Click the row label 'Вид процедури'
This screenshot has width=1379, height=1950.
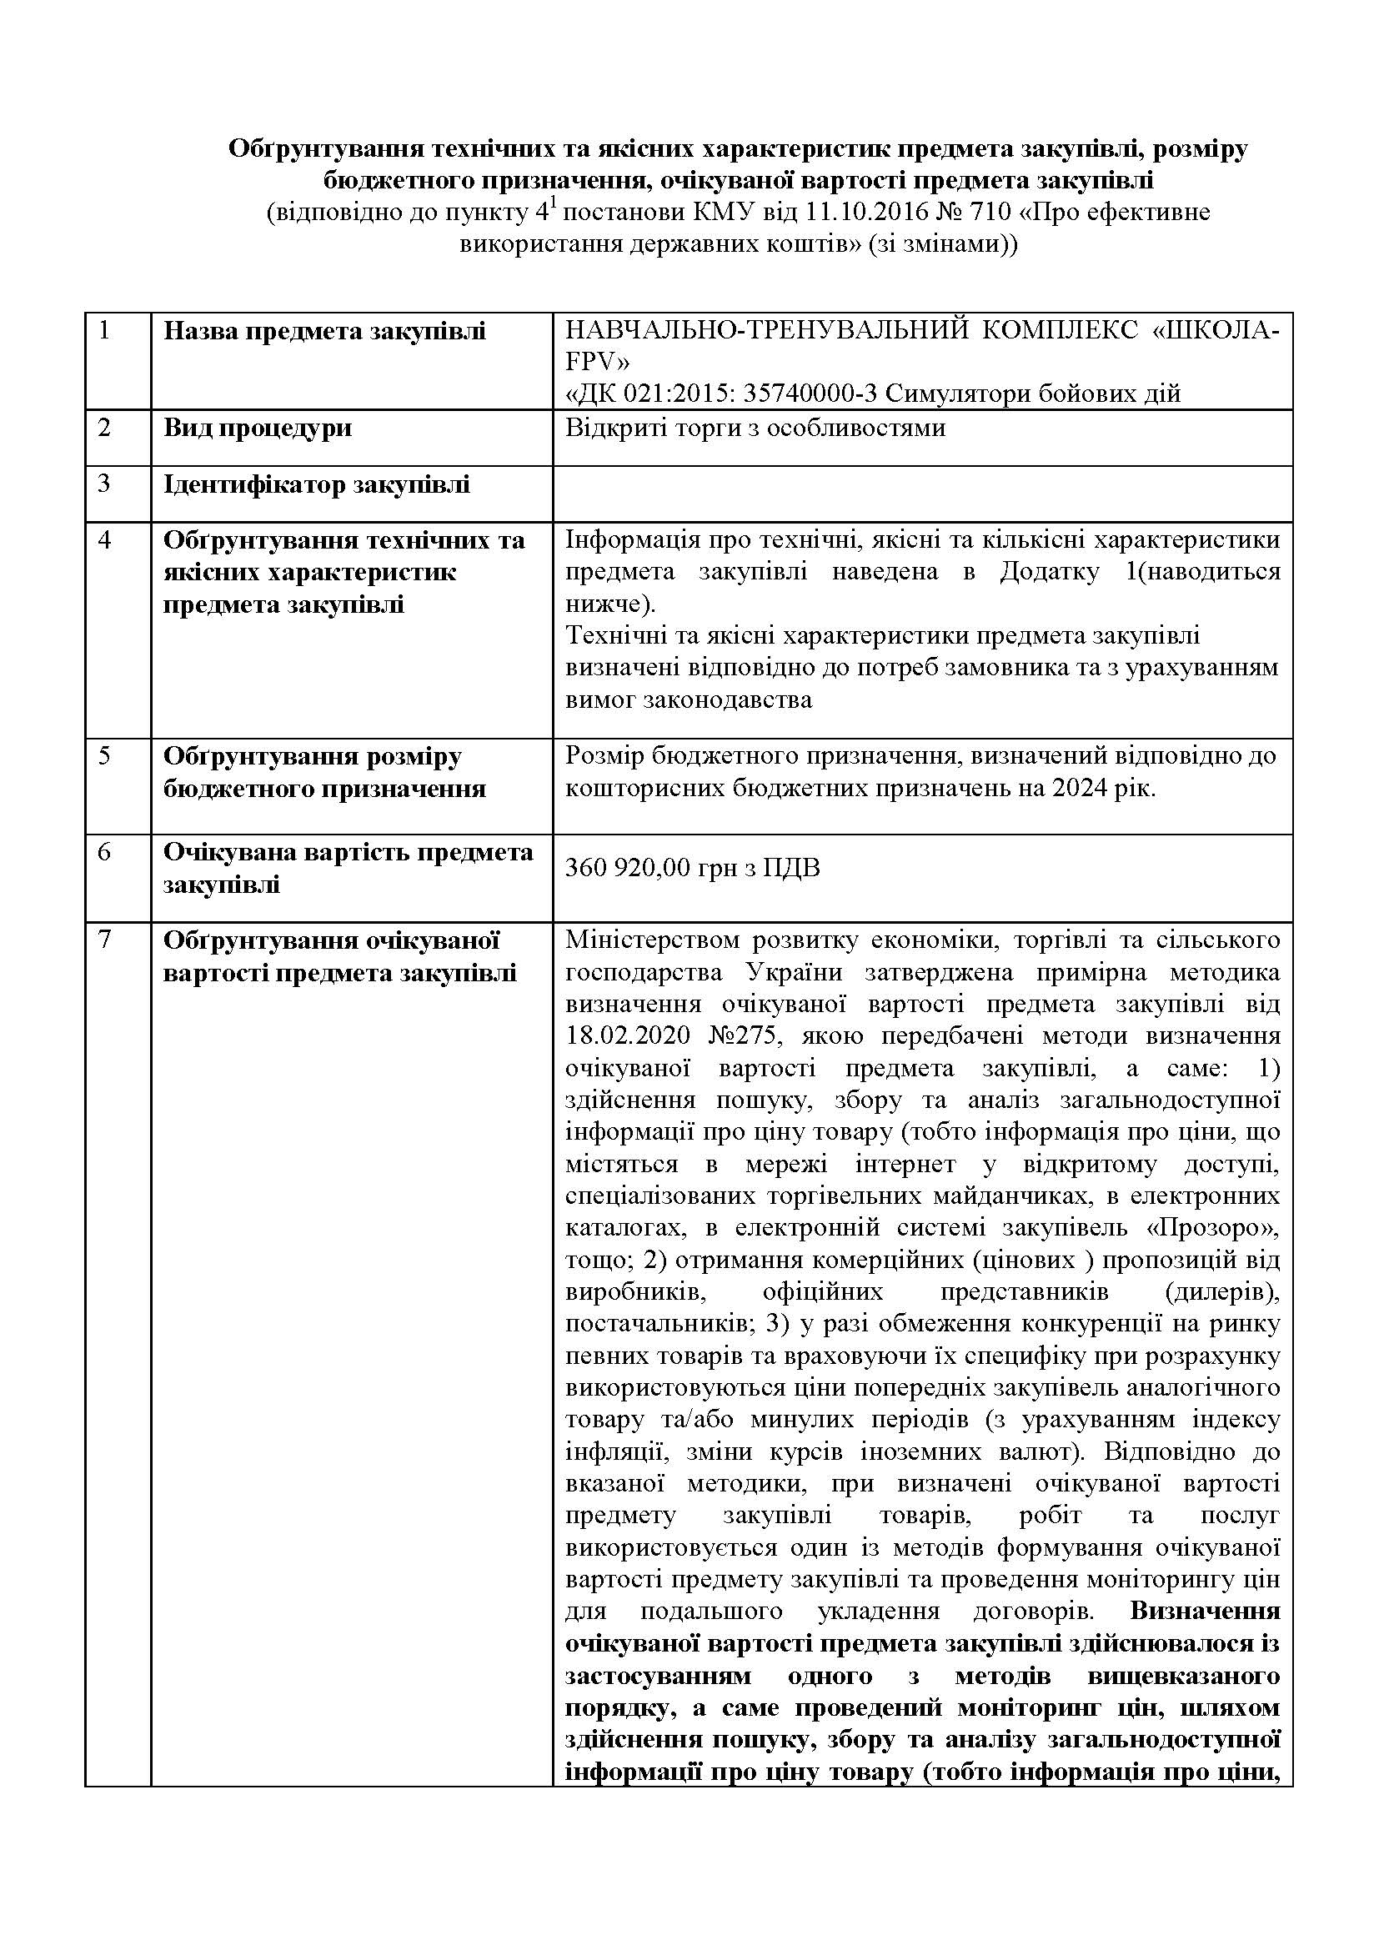point(257,427)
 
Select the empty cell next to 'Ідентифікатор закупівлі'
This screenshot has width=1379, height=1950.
point(922,493)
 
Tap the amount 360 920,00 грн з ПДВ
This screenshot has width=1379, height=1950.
point(692,868)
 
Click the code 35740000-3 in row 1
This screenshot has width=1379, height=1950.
point(813,394)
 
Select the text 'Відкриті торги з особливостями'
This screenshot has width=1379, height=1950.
point(755,427)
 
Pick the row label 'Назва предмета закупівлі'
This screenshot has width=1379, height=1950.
point(324,330)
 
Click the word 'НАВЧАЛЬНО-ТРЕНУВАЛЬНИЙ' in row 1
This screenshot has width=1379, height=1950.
point(766,329)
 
